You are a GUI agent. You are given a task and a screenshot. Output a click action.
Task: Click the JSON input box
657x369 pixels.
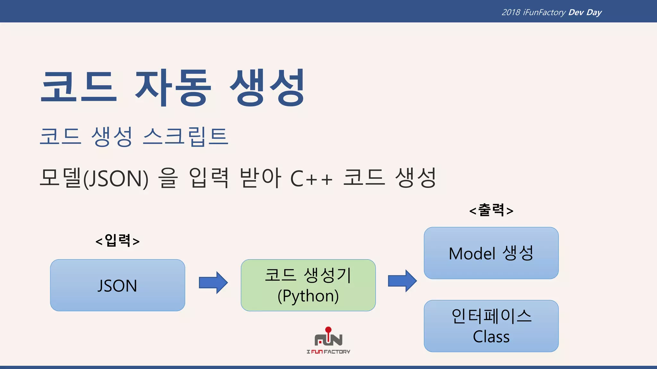click(117, 285)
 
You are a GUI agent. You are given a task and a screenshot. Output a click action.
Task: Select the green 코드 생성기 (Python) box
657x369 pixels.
click(308, 285)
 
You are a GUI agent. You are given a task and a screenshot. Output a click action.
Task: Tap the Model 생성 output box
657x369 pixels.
click(491, 253)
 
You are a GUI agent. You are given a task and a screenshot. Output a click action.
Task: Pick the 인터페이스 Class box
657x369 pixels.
click(491, 326)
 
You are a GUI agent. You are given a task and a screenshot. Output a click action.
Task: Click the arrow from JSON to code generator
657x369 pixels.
click(213, 283)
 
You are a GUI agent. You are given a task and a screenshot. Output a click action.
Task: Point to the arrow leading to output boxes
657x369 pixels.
click(402, 281)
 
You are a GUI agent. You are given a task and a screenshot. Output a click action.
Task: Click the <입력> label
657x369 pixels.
click(117, 241)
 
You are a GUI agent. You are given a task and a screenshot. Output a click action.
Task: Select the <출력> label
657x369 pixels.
click(491, 210)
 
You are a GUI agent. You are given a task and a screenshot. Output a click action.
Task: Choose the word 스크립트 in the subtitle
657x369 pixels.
click(185, 136)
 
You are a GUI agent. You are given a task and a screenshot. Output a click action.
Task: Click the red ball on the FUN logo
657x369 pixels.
click(328, 329)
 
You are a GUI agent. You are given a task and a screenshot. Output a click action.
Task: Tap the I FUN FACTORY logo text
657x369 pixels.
click(328, 352)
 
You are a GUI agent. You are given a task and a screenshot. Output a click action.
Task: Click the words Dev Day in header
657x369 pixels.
click(585, 12)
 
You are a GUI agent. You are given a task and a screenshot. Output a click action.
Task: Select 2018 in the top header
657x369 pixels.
click(511, 12)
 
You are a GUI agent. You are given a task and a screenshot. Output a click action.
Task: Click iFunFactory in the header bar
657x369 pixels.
click(544, 12)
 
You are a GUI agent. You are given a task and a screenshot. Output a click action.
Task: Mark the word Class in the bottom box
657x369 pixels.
click(491, 337)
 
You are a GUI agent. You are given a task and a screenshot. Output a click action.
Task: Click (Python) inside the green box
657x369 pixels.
click(308, 296)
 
